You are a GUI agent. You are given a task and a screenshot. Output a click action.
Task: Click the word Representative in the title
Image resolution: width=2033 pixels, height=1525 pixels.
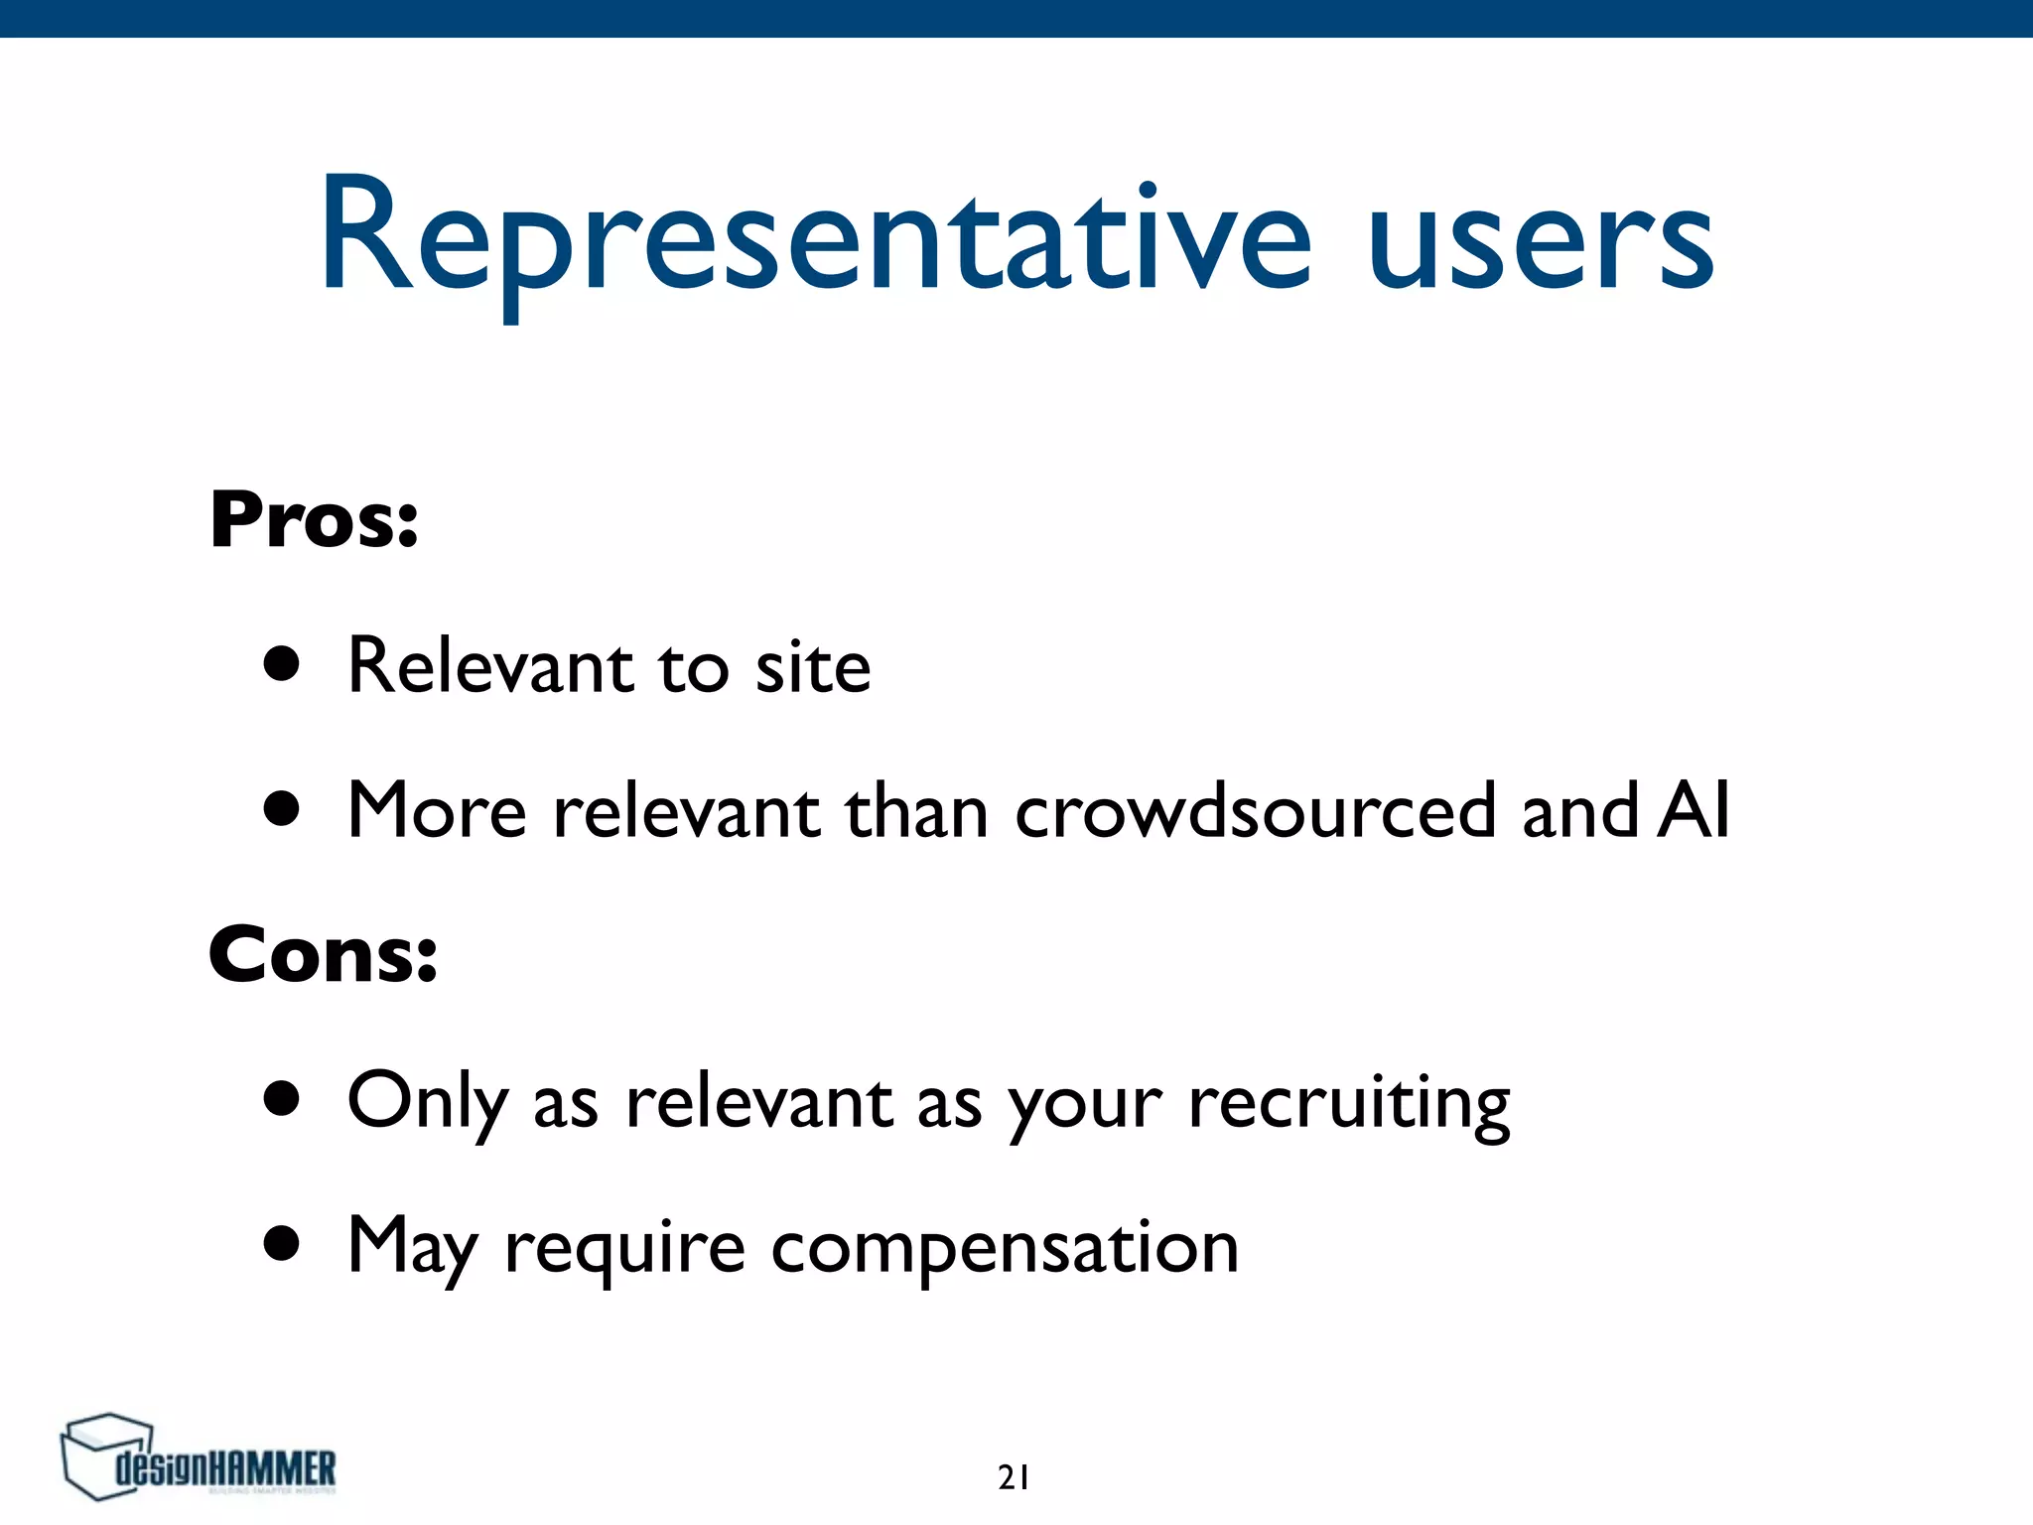point(814,238)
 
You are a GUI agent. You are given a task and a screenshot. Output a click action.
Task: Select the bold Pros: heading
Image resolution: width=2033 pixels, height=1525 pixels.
point(314,520)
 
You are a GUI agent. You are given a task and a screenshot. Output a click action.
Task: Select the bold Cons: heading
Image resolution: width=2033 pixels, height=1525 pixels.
point(323,955)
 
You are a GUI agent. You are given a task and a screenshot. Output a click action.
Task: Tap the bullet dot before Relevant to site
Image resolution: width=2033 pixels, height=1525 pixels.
point(282,665)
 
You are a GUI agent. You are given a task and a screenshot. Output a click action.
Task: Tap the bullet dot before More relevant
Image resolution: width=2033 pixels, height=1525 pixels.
point(282,809)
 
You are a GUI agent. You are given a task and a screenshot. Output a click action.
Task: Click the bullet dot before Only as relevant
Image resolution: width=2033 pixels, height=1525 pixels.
point(282,1099)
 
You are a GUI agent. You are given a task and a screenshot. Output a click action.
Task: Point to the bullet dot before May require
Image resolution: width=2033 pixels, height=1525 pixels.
point(282,1244)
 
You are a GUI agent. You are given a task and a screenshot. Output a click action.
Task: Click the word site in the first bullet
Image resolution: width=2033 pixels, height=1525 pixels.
point(813,666)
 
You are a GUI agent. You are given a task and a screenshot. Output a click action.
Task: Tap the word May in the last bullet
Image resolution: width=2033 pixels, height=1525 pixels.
point(413,1247)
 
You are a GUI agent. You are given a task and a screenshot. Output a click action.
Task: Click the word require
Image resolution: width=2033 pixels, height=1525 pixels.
point(624,1249)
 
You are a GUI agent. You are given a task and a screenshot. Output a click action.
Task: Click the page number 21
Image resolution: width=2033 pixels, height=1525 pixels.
point(1014,1478)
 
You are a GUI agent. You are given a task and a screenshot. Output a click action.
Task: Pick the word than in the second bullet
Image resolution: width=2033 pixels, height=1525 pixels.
point(915,811)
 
